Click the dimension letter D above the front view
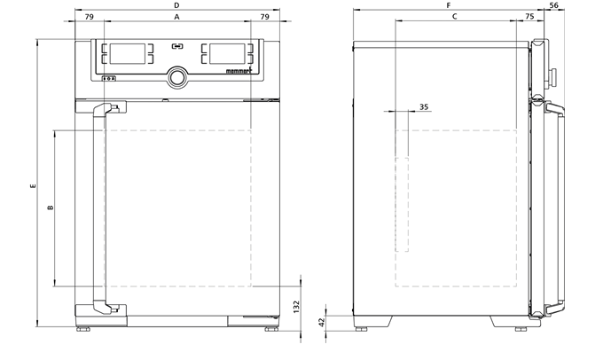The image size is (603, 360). [176, 5]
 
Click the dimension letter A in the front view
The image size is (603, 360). [176, 17]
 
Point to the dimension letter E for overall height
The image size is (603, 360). [33, 186]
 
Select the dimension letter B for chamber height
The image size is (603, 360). [50, 207]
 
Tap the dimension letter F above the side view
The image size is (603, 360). [449, 5]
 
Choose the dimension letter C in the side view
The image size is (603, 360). [455, 17]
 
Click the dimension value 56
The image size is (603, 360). [554, 5]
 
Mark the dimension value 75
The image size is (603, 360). [529, 17]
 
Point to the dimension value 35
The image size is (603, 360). [424, 107]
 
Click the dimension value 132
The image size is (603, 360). [296, 307]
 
